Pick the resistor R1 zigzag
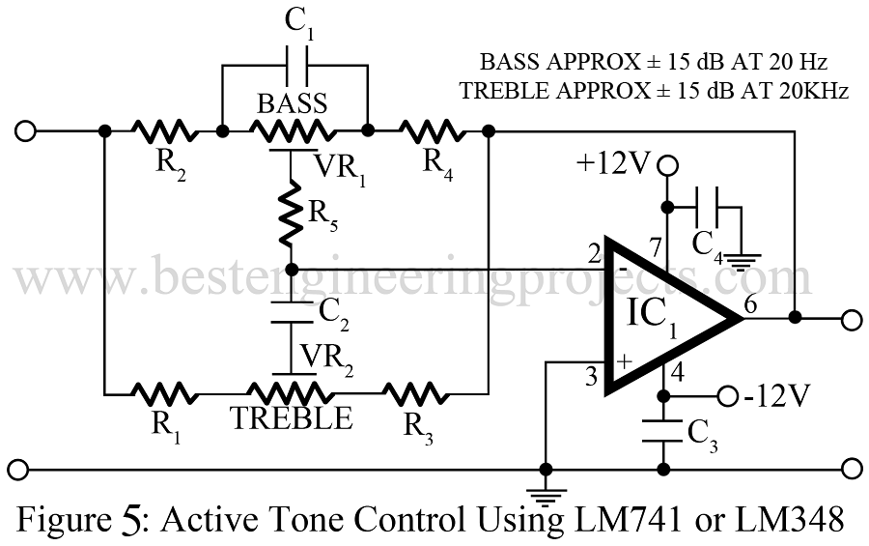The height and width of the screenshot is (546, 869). coord(164,393)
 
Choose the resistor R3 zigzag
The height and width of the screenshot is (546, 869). coord(417,393)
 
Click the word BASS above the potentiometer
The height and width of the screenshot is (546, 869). coord(293,103)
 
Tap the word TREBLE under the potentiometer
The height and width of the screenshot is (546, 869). coord(291,419)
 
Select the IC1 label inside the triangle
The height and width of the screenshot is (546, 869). coord(653,314)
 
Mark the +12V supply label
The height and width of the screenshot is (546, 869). coord(614,165)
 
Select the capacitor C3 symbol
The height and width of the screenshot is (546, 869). coord(663,432)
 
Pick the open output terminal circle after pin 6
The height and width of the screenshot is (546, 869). coord(851,318)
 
